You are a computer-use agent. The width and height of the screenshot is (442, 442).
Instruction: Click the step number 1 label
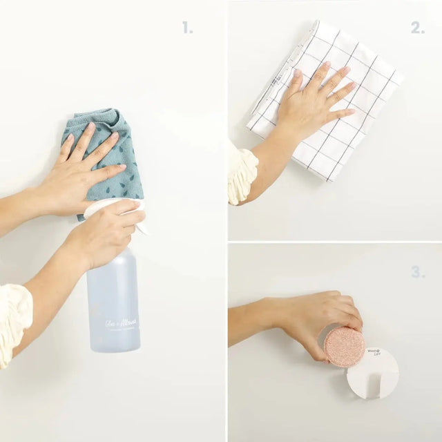pos(187,28)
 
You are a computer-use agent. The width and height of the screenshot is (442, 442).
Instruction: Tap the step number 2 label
pos(417,28)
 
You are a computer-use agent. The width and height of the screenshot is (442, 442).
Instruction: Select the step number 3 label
pos(417,272)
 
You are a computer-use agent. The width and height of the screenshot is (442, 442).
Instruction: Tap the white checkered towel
pos(345,145)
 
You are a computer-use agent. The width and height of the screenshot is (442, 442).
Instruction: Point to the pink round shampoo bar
pos(345,346)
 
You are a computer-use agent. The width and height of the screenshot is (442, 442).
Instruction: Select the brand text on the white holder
pos(374,352)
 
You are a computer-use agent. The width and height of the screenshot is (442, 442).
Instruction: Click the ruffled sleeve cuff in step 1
pos(14,321)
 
